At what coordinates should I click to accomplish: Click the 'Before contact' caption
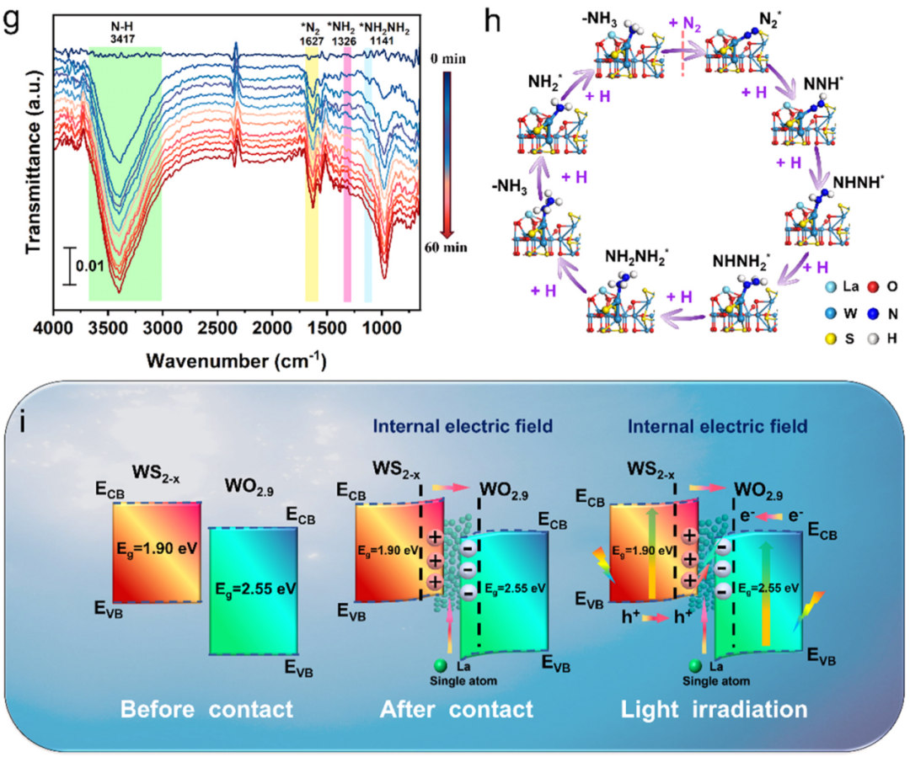tap(206, 709)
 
